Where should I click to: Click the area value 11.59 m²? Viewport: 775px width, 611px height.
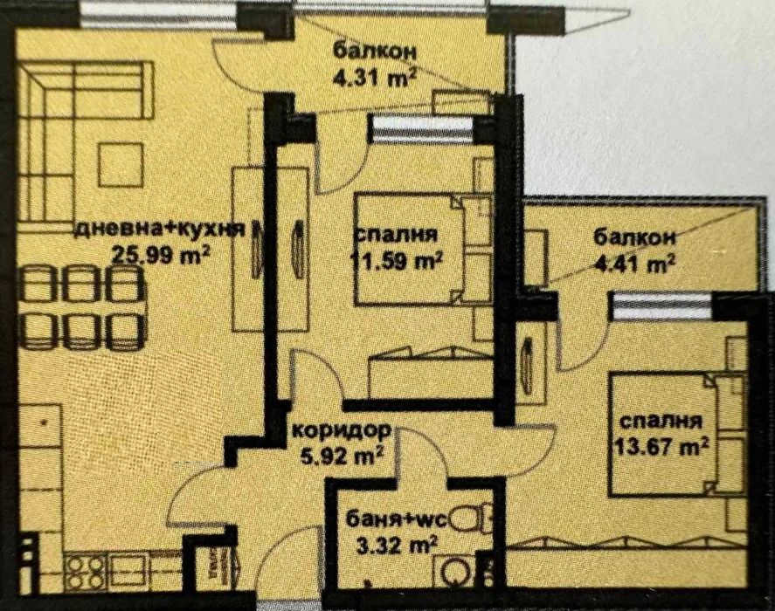398,259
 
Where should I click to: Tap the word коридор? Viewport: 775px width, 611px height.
341,430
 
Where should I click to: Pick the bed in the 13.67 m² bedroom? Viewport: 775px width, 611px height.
668,432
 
